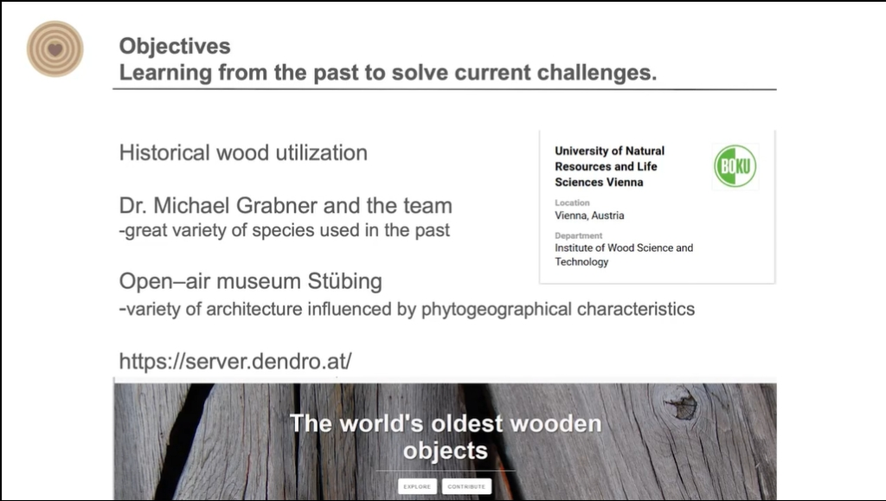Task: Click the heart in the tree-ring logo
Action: click(x=55, y=49)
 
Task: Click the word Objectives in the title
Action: click(x=175, y=47)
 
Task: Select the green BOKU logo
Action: click(x=735, y=166)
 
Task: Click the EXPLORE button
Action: click(x=417, y=486)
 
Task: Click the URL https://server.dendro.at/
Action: click(x=235, y=361)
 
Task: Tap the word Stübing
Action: click(x=344, y=281)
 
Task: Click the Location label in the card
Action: click(x=572, y=202)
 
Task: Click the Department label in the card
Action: click(x=579, y=235)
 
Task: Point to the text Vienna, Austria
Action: click(x=589, y=215)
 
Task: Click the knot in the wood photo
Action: click(x=682, y=402)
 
